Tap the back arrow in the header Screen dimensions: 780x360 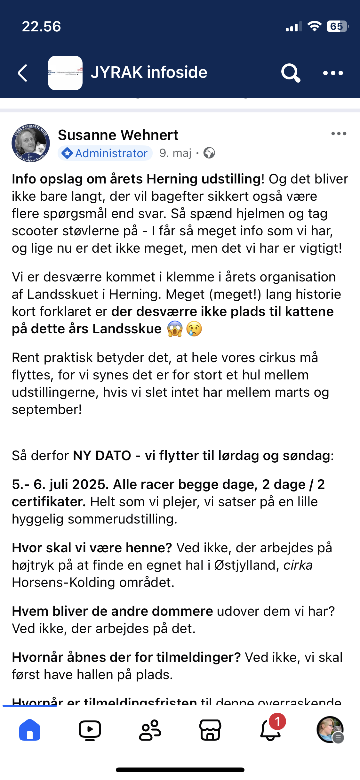(x=22, y=73)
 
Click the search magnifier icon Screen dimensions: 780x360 (x=291, y=73)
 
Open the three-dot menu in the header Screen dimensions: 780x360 (x=333, y=73)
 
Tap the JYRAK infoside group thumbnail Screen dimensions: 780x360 (x=65, y=73)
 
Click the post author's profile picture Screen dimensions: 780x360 (x=31, y=143)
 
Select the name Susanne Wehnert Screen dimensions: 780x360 (x=118, y=135)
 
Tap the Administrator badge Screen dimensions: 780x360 (x=105, y=153)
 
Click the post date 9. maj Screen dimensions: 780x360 (x=175, y=153)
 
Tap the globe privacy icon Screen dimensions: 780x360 (x=209, y=153)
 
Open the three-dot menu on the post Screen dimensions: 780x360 (x=339, y=134)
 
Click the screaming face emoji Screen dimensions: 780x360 (x=175, y=329)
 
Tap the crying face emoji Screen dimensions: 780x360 (x=194, y=329)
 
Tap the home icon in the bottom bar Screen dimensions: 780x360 (x=30, y=730)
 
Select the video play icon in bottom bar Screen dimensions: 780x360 (x=90, y=730)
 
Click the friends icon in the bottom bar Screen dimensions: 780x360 (x=150, y=730)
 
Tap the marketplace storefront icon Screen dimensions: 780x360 (x=210, y=730)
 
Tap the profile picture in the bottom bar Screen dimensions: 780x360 (x=330, y=729)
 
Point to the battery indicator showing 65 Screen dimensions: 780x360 (x=337, y=26)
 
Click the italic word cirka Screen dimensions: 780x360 (x=298, y=565)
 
